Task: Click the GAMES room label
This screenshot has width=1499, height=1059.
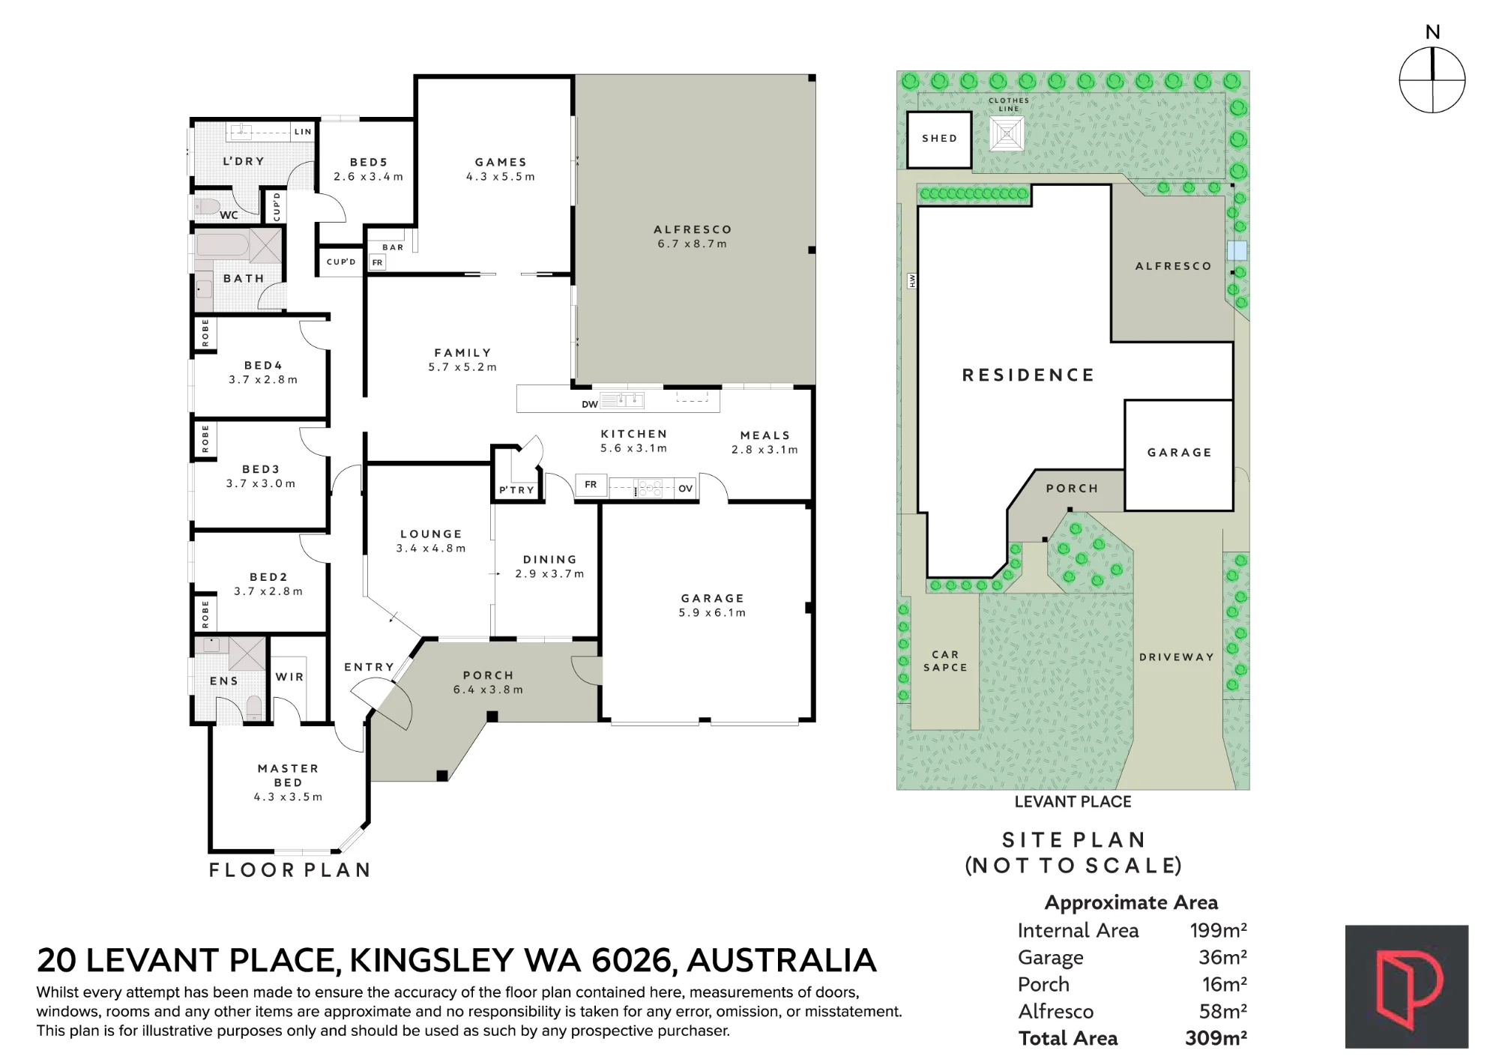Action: coord(501,162)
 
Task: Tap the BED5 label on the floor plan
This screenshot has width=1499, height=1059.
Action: coord(369,162)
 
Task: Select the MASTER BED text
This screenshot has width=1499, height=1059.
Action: coord(289,775)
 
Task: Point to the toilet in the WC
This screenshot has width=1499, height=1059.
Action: coord(207,206)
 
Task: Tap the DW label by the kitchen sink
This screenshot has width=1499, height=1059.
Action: coord(590,405)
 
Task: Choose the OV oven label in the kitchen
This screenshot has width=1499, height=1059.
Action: coord(686,489)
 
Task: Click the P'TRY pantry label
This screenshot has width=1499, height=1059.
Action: coord(517,490)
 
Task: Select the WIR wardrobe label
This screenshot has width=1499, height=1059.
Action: coord(290,677)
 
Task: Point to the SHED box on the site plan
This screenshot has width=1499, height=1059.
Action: coord(939,139)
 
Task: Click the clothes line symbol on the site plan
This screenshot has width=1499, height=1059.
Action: coord(1007,134)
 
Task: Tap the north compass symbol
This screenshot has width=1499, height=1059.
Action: coord(1432,79)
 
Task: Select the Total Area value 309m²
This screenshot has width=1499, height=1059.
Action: coord(1216,1038)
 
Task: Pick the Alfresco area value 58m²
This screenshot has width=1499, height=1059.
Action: coord(1223,1011)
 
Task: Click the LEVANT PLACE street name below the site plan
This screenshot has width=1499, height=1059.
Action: coord(1073,802)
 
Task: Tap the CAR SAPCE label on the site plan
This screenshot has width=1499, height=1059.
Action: coord(945,661)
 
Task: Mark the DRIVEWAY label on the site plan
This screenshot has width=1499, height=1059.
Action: coord(1177,657)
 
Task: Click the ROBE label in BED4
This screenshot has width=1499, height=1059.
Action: coord(205,334)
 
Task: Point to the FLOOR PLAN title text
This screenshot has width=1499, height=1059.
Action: coord(290,870)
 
